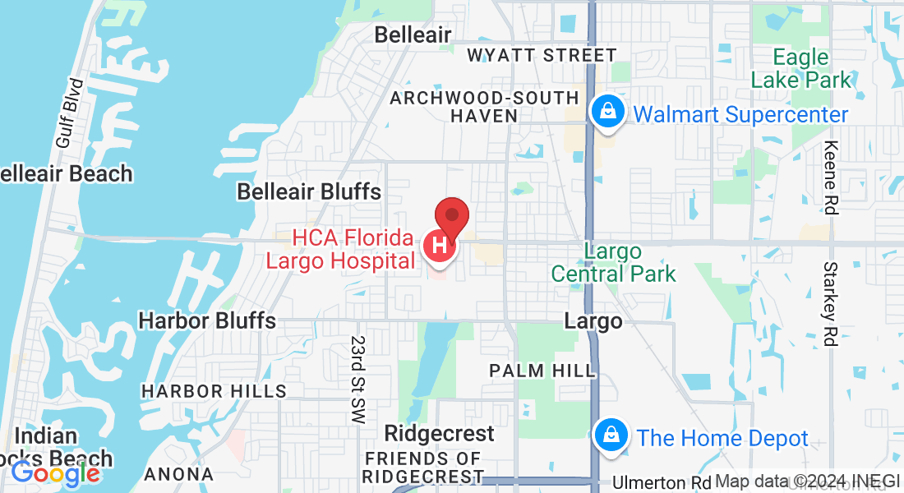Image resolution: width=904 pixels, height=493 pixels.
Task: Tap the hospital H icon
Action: coord(440,245)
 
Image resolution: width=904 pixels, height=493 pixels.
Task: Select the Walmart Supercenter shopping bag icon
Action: coord(608,114)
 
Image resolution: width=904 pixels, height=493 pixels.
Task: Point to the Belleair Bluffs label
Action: coord(309,191)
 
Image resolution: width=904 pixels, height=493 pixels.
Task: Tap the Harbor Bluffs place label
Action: coord(207,320)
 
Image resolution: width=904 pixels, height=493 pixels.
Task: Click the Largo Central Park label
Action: coord(614,262)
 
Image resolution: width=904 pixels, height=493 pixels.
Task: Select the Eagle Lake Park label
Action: coord(801,69)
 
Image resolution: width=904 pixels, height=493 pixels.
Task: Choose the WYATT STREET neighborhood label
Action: coord(542,55)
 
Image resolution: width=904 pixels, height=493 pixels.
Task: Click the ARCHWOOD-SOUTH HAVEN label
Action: coord(485,107)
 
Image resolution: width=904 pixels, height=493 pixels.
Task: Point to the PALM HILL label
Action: coord(542,371)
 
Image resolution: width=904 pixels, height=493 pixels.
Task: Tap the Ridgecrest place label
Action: coord(440,433)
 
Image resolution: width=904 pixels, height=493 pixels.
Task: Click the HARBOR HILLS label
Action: coord(214,391)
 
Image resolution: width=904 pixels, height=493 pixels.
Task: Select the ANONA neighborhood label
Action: coord(178,474)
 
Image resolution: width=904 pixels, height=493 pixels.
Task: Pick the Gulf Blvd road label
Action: coord(71,113)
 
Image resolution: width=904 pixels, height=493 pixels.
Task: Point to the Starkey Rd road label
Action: coord(831,304)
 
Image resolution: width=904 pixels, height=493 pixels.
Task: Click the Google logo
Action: coord(55,472)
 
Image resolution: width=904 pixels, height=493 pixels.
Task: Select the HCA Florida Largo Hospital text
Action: coord(353,250)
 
